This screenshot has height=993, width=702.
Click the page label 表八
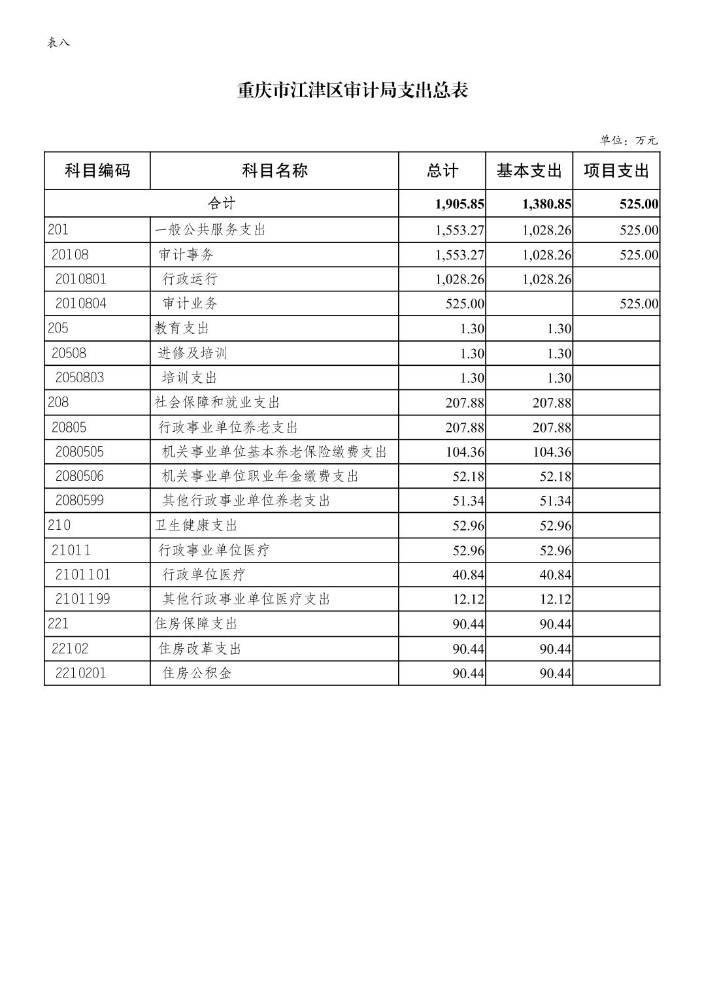pyautogui.click(x=58, y=43)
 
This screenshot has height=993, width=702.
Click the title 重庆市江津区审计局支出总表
pyautogui.click(x=352, y=91)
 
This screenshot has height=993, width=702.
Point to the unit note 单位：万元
pyautogui.click(x=628, y=140)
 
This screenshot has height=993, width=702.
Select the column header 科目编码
pyautogui.click(x=97, y=171)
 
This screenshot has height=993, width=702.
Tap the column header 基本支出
pyautogui.click(x=529, y=171)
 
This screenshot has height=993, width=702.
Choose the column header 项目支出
pyautogui.click(x=616, y=171)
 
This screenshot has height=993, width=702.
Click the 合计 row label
pyautogui.click(x=222, y=204)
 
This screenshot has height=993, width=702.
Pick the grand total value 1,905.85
pyautogui.click(x=460, y=204)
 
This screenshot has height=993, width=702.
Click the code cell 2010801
pyautogui.click(x=80, y=279)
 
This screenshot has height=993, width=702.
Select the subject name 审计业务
pyautogui.click(x=190, y=304)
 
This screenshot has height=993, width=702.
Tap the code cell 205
pyautogui.click(x=58, y=328)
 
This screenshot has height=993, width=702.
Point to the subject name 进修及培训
pyautogui.click(x=192, y=353)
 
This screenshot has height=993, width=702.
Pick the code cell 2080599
pyautogui.click(x=80, y=500)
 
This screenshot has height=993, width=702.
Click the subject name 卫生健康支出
pyautogui.click(x=196, y=525)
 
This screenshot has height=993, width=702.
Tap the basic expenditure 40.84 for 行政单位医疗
pyautogui.click(x=555, y=575)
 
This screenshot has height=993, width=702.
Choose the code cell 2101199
pyautogui.click(x=82, y=599)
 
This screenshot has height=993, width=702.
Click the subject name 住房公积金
pyautogui.click(x=197, y=673)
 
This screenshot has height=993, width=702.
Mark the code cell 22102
pyautogui.click(x=70, y=649)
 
